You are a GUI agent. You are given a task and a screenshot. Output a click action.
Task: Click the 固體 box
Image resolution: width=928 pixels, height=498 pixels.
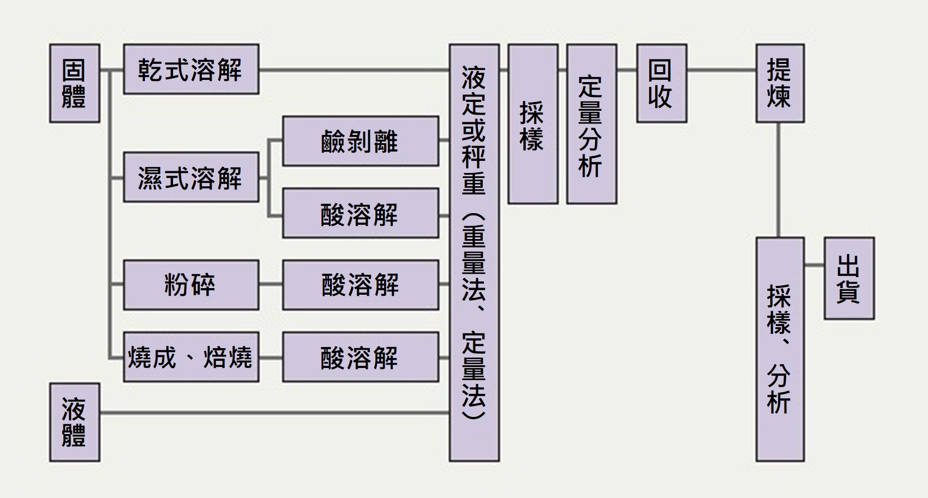[x=74, y=83]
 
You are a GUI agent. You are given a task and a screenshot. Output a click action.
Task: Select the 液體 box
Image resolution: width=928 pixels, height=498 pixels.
[x=74, y=422]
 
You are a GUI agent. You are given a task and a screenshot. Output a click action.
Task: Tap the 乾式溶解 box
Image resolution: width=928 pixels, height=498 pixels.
[x=191, y=69]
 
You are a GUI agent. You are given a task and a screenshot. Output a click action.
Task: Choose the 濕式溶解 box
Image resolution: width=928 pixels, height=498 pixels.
[x=191, y=177]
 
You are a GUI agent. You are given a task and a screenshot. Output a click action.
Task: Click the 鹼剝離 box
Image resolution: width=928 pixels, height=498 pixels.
[x=360, y=141]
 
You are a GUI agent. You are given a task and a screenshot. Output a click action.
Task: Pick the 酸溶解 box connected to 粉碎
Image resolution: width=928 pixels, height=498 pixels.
[x=360, y=285]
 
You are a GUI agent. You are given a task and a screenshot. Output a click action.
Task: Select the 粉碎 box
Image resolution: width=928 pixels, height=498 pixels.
[x=191, y=285]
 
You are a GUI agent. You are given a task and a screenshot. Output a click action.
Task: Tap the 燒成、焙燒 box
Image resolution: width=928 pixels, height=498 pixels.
[x=191, y=357]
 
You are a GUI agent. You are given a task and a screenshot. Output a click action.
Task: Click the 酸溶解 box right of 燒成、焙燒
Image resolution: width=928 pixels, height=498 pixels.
[x=360, y=357]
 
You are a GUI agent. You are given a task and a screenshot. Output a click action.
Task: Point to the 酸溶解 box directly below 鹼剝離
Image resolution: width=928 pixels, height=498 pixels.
[x=360, y=213]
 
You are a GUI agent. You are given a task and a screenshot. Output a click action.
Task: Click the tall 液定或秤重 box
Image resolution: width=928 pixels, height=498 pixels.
[x=474, y=252]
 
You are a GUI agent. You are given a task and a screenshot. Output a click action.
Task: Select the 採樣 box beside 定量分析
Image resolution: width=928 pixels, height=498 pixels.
[x=532, y=124]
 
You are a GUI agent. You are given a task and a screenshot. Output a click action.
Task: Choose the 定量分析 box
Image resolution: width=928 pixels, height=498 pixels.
[x=591, y=124]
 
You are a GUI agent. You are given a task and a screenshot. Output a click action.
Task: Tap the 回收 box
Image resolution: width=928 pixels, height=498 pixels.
[x=661, y=83]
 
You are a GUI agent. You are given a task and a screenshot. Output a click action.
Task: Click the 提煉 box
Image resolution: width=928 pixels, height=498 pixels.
[x=780, y=83]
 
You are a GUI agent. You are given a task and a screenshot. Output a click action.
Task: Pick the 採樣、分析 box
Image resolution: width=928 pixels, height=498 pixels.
[x=780, y=349]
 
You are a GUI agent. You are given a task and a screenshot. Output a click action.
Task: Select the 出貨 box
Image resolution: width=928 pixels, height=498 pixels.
[x=849, y=278]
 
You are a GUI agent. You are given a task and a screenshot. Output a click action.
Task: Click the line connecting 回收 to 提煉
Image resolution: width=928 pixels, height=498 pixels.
[x=721, y=70]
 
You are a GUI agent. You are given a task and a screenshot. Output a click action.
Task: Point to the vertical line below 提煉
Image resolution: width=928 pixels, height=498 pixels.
[x=779, y=180]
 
